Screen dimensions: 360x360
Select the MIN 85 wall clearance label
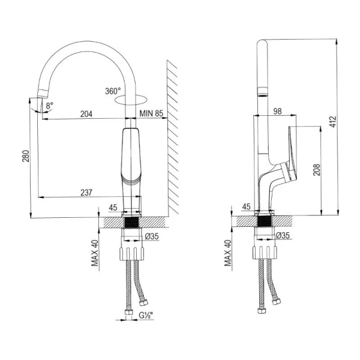point(151,112)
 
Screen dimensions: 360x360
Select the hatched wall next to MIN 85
point(173,138)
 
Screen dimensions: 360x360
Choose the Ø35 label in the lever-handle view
point(284,236)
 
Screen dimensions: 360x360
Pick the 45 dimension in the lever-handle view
point(245,208)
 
